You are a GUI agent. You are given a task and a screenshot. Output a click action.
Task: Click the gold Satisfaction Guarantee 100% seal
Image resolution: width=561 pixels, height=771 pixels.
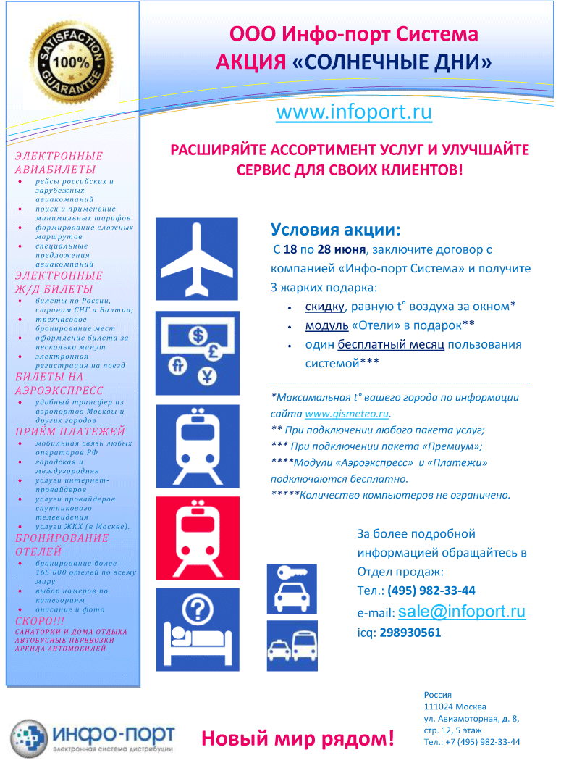tap(71, 63)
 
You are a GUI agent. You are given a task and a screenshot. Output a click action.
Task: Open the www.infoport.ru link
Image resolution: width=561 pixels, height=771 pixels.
tap(354, 112)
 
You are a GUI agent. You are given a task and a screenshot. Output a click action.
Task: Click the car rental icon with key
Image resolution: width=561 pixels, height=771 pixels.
tap(292, 588)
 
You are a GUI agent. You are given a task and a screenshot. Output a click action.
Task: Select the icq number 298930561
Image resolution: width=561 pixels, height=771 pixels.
tap(410, 633)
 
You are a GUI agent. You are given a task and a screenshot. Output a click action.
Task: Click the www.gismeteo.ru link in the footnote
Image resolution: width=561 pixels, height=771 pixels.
tap(347, 414)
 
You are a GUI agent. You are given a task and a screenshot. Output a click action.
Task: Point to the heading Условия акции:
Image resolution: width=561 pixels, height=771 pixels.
tap(335, 230)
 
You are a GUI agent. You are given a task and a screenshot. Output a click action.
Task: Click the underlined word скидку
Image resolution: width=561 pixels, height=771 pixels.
tap(324, 307)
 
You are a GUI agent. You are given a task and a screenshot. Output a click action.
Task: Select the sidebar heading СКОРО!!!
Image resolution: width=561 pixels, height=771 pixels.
tap(40, 621)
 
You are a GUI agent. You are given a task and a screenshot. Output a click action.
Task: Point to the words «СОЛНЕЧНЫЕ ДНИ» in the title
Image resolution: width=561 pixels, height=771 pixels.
tap(392, 62)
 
